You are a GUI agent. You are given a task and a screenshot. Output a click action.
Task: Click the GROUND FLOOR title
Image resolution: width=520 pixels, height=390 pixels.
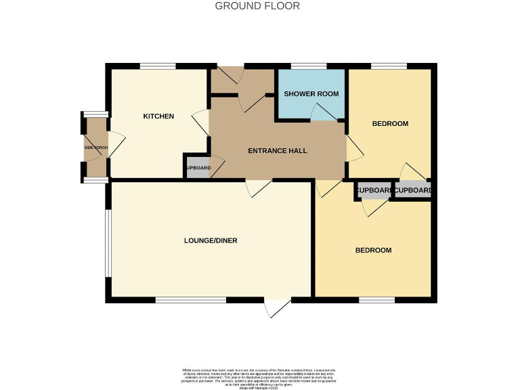[x=257, y=6]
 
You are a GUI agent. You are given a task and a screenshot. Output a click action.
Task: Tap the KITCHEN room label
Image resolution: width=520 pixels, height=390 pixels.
[x=158, y=116]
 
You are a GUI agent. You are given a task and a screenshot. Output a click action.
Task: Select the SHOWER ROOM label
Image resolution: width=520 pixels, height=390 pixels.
[x=311, y=93]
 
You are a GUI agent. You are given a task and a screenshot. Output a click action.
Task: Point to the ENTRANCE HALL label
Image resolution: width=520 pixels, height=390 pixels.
[x=278, y=150]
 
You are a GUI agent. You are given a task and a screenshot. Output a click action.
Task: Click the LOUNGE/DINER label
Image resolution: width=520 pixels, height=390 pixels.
[x=211, y=240]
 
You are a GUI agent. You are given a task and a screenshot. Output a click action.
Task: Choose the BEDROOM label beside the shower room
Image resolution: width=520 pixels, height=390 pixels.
[x=391, y=123]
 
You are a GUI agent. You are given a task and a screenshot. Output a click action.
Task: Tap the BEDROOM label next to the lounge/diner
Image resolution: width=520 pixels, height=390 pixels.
[x=374, y=250]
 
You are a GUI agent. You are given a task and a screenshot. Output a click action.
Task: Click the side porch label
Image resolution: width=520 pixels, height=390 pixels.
[x=95, y=148]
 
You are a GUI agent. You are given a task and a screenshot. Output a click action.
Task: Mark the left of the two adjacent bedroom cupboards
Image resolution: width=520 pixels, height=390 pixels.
[x=374, y=191]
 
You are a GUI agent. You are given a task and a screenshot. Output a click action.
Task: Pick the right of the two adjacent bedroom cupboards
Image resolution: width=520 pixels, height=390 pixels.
[x=413, y=191]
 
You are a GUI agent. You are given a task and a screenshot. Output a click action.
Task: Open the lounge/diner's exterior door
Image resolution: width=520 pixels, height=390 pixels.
[x=278, y=308]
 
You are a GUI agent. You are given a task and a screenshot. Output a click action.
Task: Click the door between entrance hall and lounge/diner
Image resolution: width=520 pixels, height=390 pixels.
[x=260, y=188]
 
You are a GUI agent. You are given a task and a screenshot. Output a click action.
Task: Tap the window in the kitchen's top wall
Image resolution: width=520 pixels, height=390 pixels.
[x=158, y=66]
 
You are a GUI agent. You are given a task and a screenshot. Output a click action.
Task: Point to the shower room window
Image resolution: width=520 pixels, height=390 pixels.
[x=308, y=66]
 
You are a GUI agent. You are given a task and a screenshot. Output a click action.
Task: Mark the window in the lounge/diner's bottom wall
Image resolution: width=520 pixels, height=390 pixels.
[x=190, y=299]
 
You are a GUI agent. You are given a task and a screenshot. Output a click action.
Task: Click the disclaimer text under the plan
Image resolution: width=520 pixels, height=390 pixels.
[x=260, y=376]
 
